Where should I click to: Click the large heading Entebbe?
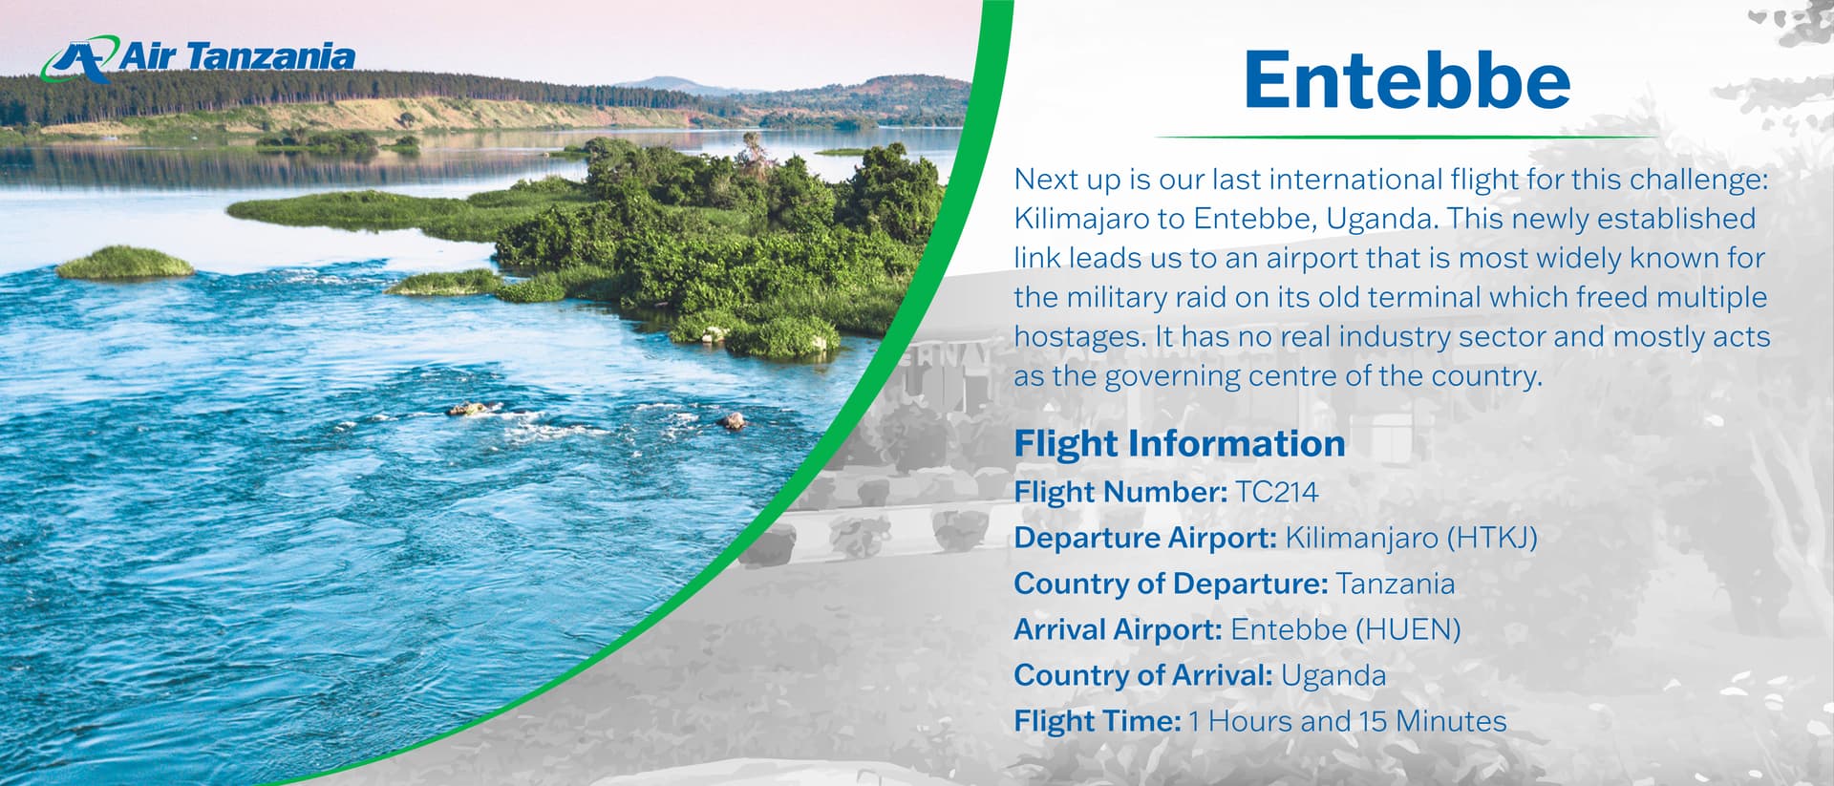1407,80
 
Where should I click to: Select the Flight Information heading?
1180,443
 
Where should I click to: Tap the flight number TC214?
1276,492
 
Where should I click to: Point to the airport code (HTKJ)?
1492,538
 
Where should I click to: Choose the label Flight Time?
1098,721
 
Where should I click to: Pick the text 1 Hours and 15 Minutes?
1348,721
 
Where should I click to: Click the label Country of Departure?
1171,584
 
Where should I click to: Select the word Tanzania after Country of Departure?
1396,584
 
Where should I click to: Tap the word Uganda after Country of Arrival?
1333,675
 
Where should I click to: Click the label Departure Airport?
1145,538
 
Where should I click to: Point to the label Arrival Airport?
1118,629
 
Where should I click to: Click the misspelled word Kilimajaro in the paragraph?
1080,219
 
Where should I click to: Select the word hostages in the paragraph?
1078,336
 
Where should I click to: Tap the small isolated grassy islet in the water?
125,263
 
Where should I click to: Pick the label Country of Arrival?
1143,675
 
